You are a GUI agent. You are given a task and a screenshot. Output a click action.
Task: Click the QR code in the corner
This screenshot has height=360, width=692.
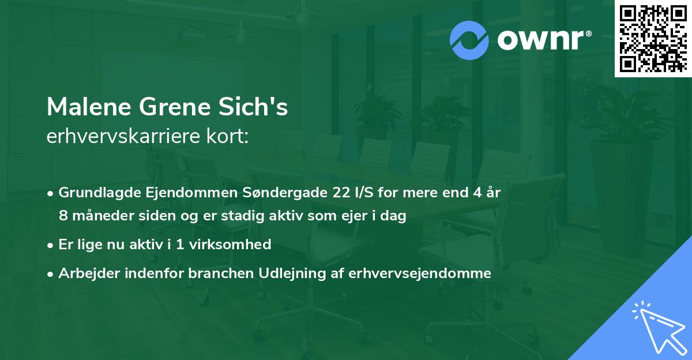(x=653, y=38)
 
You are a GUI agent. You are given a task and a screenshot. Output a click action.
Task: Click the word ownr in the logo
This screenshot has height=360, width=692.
(x=543, y=40)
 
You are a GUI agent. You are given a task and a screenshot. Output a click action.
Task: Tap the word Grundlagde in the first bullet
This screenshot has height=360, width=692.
(x=97, y=193)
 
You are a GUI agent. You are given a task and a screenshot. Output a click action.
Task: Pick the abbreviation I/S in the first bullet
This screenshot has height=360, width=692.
(x=363, y=193)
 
